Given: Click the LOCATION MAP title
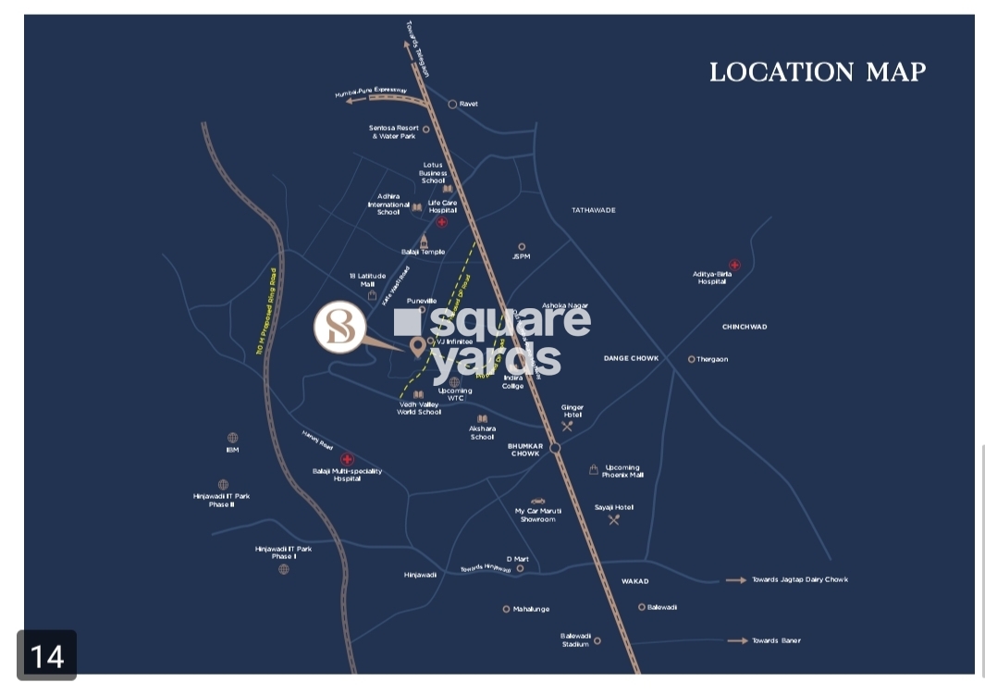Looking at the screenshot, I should (x=818, y=72).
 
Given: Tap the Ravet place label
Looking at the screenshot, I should (x=468, y=105).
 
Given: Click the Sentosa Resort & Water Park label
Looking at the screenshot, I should (x=394, y=132).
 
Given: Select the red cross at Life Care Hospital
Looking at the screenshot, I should (x=442, y=222).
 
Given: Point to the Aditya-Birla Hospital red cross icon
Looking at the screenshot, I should (x=734, y=266).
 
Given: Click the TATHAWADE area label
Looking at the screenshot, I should (x=593, y=211).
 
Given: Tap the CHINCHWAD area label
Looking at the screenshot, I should (x=745, y=327).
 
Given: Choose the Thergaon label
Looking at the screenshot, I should (x=712, y=359).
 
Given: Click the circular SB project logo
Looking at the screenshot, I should (x=339, y=328).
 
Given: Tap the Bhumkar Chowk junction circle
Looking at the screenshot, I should (x=555, y=448).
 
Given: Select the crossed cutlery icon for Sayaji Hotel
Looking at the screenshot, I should (x=614, y=520).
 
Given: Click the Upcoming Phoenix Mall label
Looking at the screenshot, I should (x=622, y=471).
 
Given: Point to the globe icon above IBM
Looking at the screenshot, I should (x=232, y=438).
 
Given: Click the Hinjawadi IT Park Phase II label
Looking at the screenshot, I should (x=221, y=501).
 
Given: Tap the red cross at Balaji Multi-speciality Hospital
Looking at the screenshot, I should (x=347, y=459).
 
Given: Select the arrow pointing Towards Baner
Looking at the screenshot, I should (x=737, y=640).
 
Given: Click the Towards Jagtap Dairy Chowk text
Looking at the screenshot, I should (x=799, y=580).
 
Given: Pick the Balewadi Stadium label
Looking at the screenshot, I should (x=575, y=640).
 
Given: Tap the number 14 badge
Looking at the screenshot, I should (x=47, y=655).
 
